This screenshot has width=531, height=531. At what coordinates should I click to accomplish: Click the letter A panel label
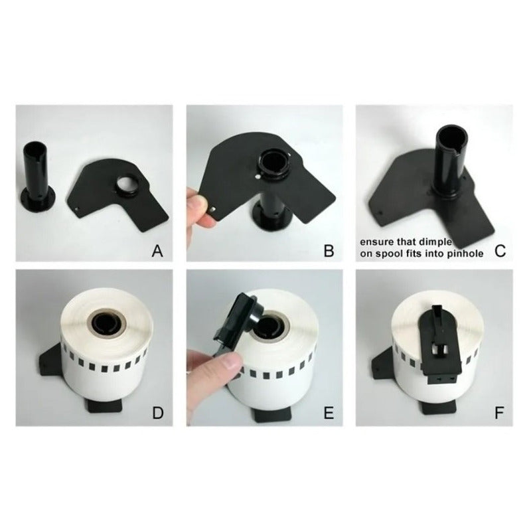[x=157, y=252]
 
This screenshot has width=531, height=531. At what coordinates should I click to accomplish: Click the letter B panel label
[x=329, y=252]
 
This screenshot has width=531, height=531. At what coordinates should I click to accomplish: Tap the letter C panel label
[x=500, y=252]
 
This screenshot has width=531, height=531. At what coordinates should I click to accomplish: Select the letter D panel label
[x=158, y=413]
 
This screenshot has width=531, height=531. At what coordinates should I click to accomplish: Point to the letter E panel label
[x=329, y=413]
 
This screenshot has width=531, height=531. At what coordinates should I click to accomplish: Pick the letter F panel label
[x=499, y=413]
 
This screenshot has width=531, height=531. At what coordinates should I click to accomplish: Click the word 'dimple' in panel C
[x=435, y=242]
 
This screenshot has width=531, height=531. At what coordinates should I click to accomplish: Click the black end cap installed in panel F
[x=439, y=344]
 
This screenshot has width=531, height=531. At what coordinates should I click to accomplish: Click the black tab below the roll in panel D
[x=105, y=406]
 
